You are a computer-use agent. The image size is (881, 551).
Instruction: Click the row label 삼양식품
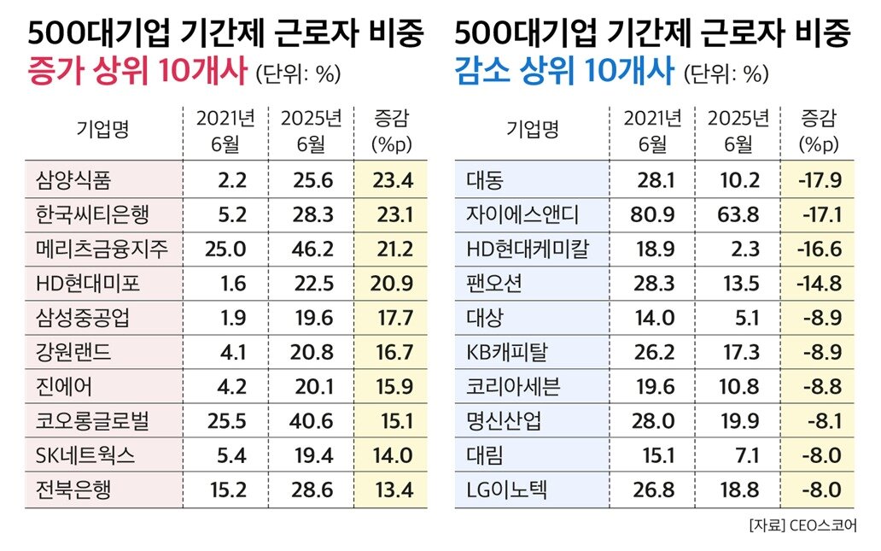point(73,179)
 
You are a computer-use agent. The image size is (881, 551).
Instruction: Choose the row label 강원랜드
point(73,352)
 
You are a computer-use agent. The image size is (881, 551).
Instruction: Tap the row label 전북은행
point(73,489)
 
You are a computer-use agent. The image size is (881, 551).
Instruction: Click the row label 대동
point(485,179)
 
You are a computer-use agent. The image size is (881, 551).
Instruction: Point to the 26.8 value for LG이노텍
point(656,489)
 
